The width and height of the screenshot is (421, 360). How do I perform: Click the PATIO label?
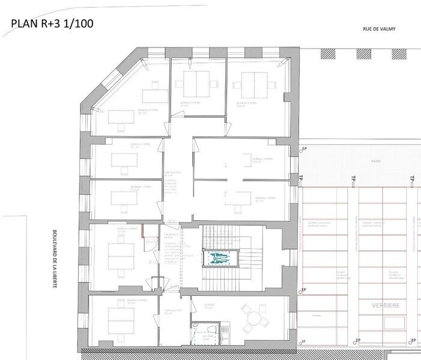[x=360, y=161]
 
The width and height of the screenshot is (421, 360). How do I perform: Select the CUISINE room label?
[x=208, y=304]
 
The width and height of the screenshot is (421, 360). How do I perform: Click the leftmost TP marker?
[x=301, y=178]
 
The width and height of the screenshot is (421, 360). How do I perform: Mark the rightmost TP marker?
[x=413, y=178]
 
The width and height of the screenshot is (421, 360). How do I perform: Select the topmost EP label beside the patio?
[x=304, y=148]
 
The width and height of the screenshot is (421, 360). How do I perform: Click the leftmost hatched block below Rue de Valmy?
[x=329, y=54]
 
